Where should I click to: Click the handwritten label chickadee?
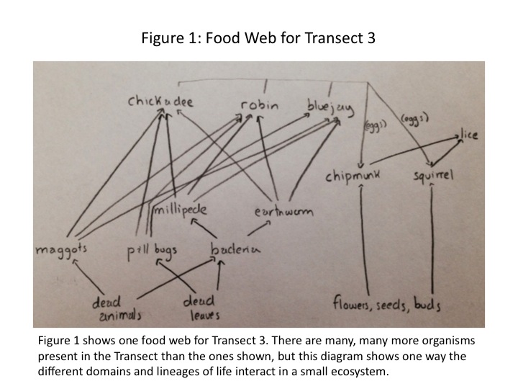point(161,102)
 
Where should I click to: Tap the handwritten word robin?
point(260,105)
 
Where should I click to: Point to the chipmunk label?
point(355,176)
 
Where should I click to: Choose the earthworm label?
point(283,212)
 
